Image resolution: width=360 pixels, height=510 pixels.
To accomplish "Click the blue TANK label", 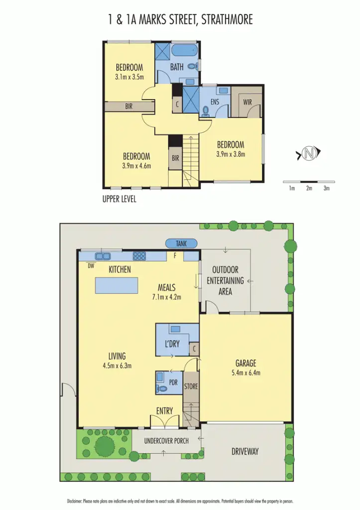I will pos(182,243).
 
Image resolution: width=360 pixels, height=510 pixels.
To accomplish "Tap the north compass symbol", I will pos(309,154).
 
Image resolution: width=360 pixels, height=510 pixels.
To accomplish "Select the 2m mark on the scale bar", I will pos(309,188).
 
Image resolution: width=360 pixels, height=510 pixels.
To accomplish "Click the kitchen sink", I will pos(104,256).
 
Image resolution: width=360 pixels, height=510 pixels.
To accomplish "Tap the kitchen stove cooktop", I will pos(139,256).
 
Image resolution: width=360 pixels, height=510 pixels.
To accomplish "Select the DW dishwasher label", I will pos(91,266).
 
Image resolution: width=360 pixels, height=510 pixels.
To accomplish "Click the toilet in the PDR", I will pos(162,388).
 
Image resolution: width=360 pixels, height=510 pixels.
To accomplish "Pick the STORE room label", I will pos(191,386).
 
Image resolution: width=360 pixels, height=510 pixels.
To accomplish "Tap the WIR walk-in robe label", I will pos(247,102).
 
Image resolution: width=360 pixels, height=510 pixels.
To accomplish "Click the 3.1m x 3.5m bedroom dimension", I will pos(129,77).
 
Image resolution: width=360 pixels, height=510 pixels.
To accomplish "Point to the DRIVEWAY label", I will pos(245,452).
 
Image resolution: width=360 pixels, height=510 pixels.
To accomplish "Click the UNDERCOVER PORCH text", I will pos(166,441).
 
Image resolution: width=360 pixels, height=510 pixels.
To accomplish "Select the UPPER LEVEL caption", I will pos(119,199).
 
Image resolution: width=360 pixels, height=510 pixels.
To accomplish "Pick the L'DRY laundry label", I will pos(172,344).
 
